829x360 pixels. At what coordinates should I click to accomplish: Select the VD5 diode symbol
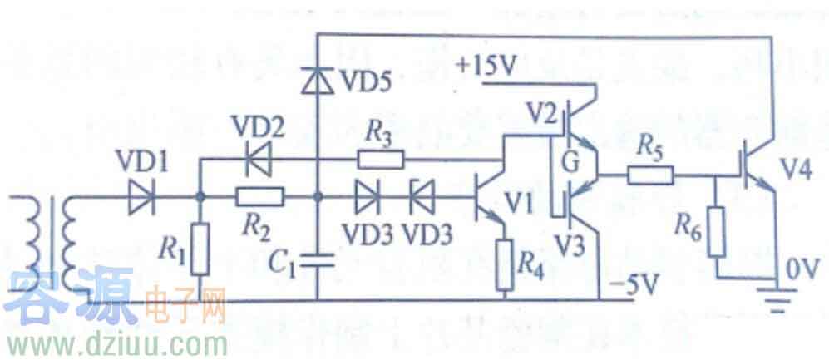tap(318, 81)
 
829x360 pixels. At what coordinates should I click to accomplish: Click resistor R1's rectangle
tap(200, 249)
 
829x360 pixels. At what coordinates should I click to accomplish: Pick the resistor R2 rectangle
tap(259, 198)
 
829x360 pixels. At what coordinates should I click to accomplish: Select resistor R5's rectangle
tap(651, 175)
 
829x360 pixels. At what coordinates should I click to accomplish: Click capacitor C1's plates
tap(318, 260)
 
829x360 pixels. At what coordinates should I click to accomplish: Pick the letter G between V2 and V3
tap(571, 160)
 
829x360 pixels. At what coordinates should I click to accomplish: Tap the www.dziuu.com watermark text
tap(115, 341)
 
